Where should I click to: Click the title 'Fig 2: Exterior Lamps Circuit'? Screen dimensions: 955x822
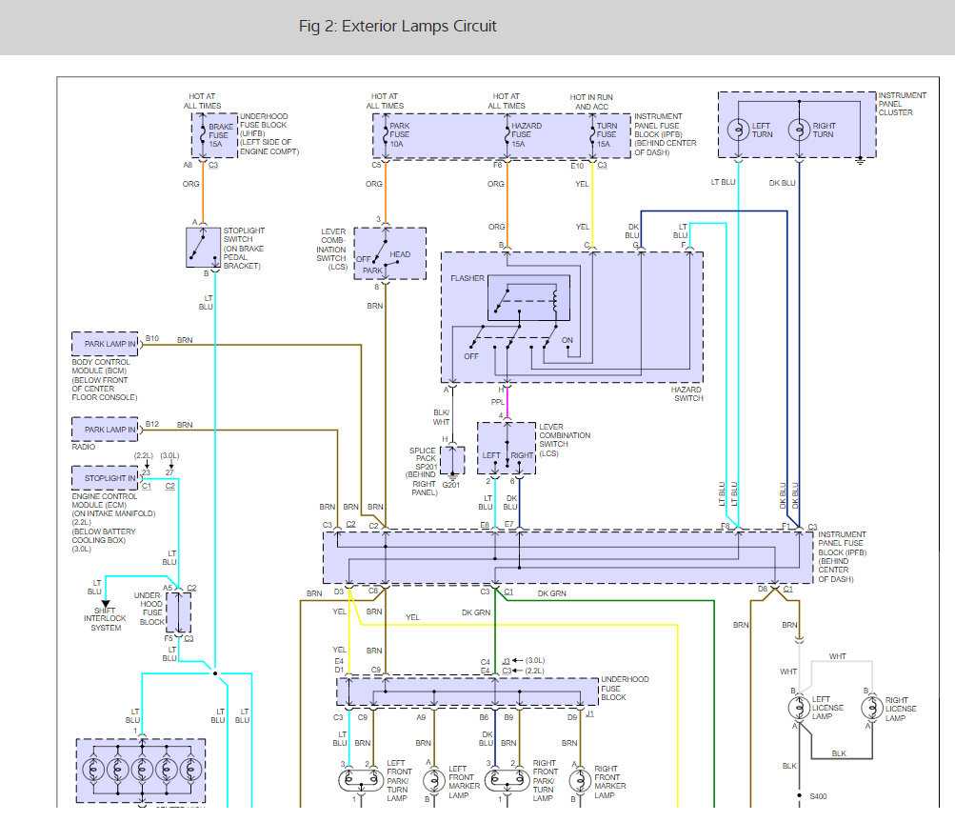[397, 27]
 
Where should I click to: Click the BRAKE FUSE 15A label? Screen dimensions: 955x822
[220, 135]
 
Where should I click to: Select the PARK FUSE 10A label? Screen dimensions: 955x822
[400, 134]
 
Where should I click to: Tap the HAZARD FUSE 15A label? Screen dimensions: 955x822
[527, 134]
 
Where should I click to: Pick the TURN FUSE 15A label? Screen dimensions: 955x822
[607, 134]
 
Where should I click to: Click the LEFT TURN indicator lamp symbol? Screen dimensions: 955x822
[738, 130]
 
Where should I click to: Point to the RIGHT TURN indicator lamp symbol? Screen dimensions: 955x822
[799, 130]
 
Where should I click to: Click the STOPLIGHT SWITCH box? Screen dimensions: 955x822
[203, 248]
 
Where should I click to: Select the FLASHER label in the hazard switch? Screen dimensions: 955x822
[468, 278]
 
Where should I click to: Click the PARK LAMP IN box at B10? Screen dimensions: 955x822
[105, 344]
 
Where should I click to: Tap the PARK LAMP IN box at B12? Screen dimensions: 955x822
[105, 429]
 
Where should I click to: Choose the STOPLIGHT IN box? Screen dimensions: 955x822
[105, 478]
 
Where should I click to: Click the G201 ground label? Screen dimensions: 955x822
[451, 485]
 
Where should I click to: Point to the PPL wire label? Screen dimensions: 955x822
[498, 402]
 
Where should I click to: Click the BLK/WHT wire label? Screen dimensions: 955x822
[441, 417]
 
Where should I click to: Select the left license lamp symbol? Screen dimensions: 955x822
[799, 708]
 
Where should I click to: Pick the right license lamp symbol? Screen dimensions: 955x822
[872, 708]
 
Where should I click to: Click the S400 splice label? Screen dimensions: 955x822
[818, 796]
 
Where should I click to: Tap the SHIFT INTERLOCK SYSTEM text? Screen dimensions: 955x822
[106, 619]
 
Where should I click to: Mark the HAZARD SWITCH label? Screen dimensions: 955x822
[687, 393]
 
